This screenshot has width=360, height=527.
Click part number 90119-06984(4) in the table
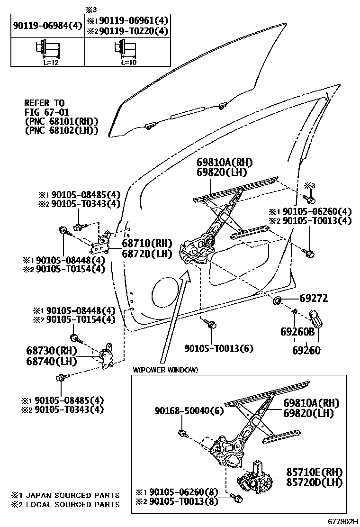click(x=47, y=26)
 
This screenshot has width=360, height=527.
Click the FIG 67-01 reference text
click(x=46, y=112)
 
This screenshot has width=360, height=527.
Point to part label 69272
click(x=314, y=299)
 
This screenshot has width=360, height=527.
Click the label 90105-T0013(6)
click(x=218, y=348)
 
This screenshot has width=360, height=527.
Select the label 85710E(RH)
click(x=314, y=472)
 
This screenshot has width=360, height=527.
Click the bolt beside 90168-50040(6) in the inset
click(x=183, y=432)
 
